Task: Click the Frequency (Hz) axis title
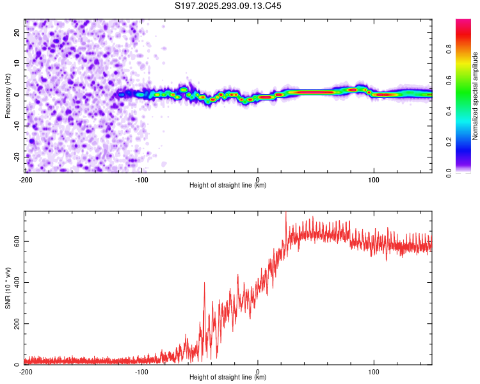click(8, 96)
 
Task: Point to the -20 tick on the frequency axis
click(16, 156)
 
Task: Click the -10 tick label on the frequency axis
click(16, 125)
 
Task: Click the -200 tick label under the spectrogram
click(26, 179)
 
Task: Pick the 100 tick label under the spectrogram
click(374, 179)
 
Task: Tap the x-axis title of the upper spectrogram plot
click(228, 186)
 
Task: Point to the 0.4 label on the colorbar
click(449, 111)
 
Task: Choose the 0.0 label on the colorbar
click(449, 172)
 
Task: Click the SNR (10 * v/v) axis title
click(8, 288)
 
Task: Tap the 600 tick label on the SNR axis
click(16, 241)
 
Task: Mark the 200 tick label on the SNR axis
click(16, 324)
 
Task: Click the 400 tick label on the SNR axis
click(16, 282)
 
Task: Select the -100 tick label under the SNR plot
click(141, 371)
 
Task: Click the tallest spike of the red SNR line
click(285, 214)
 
